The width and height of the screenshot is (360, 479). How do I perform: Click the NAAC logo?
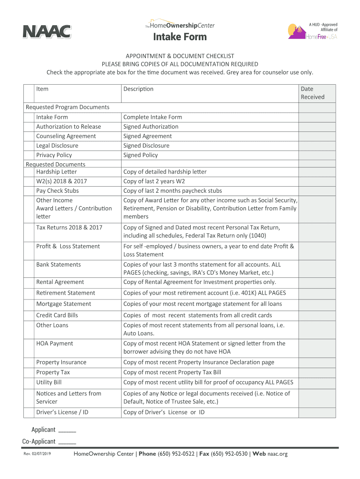point(47,32)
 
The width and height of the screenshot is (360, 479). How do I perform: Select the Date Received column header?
point(313,93)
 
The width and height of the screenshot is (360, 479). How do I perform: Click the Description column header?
point(138,89)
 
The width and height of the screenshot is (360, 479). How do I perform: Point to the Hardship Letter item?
point(56,172)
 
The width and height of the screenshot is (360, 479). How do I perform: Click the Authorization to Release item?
point(68,126)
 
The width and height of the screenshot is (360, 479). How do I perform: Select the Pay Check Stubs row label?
point(58,190)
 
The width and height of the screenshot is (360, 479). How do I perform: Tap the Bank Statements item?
point(58,264)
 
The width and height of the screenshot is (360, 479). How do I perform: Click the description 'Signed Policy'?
point(140,155)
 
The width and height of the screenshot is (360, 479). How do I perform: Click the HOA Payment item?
point(55,343)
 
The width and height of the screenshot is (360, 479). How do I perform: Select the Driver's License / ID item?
point(62,412)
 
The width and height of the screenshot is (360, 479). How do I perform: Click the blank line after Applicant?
point(68,431)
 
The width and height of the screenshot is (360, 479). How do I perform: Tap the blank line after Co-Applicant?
point(68,443)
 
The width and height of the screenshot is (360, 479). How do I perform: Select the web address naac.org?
point(277,454)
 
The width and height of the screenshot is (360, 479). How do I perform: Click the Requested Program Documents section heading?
point(67,107)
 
